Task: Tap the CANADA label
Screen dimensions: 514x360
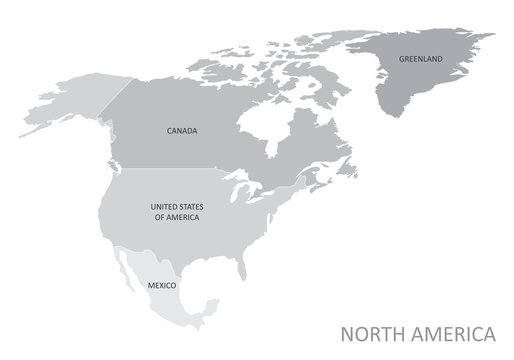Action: click(x=181, y=130)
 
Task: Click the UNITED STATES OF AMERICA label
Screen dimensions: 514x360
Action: click(x=174, y=211)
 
